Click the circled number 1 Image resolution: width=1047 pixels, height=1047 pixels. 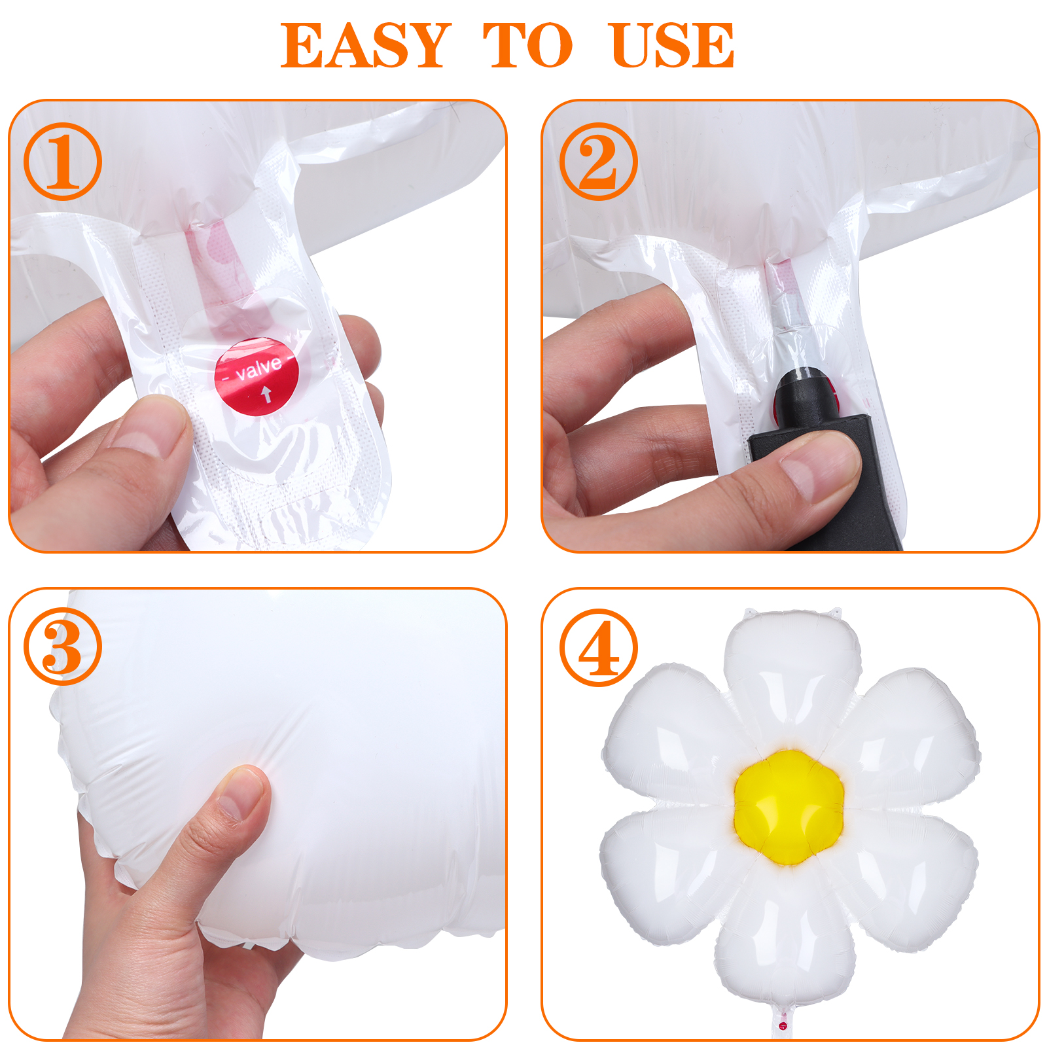63,162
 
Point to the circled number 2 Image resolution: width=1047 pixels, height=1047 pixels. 599,162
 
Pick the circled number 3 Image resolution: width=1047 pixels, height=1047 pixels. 63,647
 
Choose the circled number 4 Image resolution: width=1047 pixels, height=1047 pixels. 599,647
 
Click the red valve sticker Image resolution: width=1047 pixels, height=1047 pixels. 257,376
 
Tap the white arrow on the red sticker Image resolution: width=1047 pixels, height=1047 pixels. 266,395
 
